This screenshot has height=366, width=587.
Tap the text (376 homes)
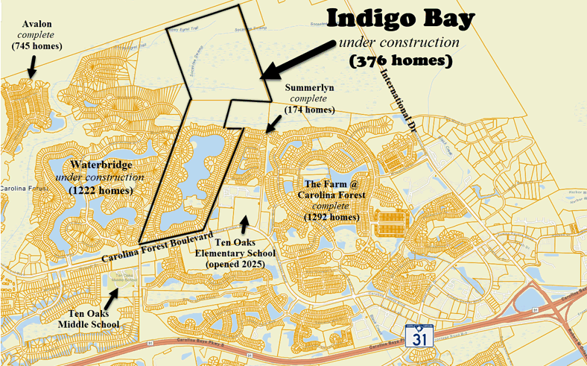tap(401, 60)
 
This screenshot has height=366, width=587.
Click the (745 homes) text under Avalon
tap(37, 46)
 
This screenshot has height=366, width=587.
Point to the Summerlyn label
tap(310, 87)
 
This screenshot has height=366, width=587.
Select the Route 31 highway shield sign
tap(416, 336)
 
